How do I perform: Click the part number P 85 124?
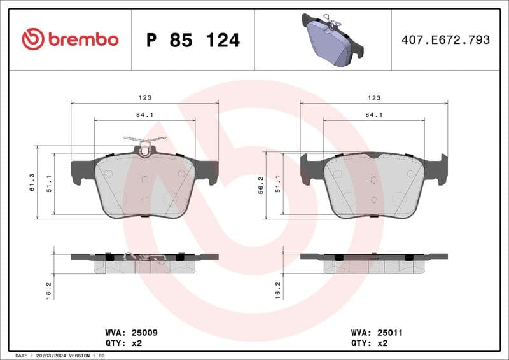click(x=193, y=40)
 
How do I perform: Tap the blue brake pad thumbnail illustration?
click(x=330, y=41)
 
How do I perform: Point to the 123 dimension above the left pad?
click(x=144, y=98)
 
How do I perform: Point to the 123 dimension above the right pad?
click(x=373, y=98)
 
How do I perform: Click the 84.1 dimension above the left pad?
click(x=144, y=114)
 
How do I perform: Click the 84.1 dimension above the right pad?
click(x=373, y=114)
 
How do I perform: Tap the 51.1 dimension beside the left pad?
click(x=49, y=184)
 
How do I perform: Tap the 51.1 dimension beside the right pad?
click(x=278, y=184)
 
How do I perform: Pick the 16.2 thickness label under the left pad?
click(x=49, y=290)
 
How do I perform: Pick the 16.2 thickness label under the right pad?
click(x=278, y=290)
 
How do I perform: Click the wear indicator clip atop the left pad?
click(x=145, y=144)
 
